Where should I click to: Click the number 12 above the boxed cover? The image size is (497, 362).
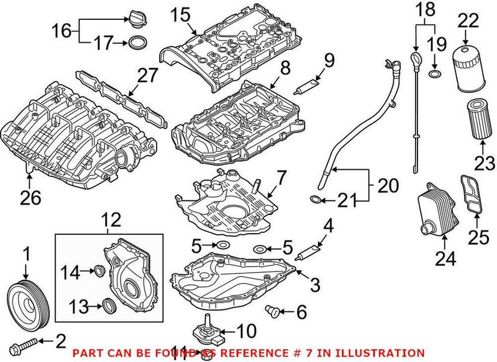111,219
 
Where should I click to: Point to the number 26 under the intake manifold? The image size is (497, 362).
31,198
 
